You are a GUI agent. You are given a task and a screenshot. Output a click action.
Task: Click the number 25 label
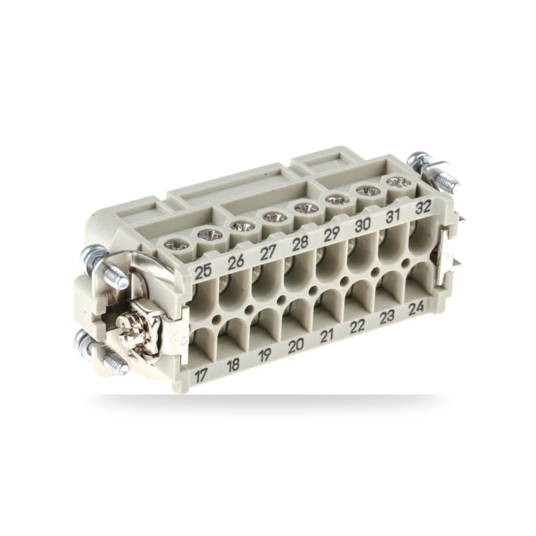pos(203,272)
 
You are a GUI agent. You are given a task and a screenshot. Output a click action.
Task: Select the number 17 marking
pos(202,376)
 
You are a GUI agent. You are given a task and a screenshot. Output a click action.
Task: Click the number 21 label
pos(326,336)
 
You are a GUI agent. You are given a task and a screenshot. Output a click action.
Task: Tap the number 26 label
pos(235,263)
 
